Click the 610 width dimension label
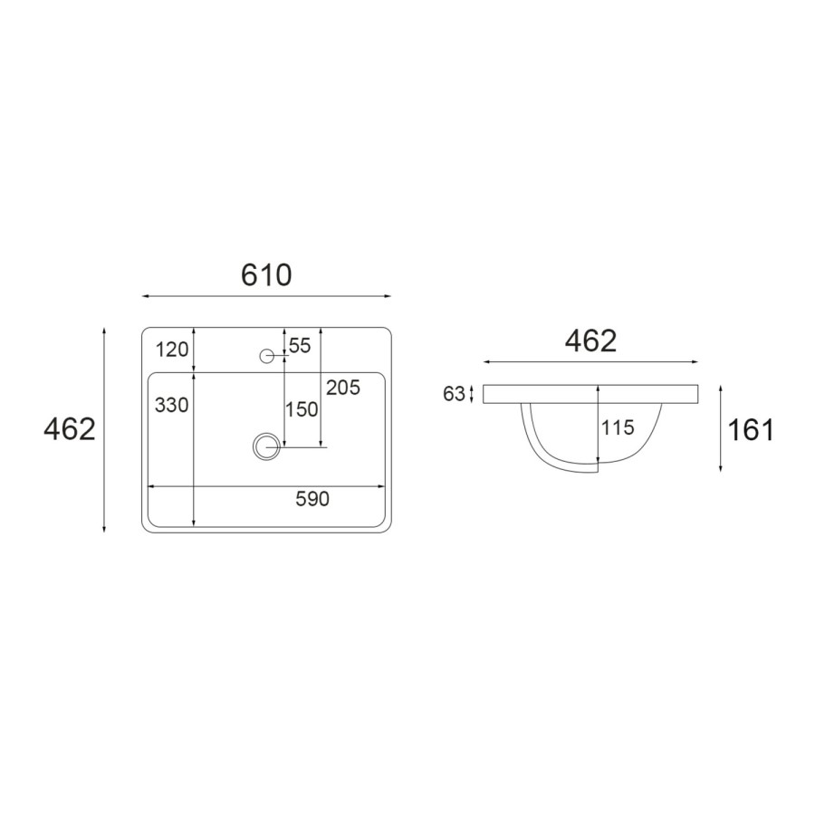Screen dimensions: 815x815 click(266, 275)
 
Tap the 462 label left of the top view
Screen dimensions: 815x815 click(70, 429)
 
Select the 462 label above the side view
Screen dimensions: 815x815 click(590, 341)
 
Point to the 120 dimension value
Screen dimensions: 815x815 click(172, 350)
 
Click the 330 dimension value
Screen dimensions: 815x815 click(171, 405)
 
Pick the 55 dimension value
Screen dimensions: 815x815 click(300, 346)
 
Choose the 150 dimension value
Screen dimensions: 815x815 click(302, 409)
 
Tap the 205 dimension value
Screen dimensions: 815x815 click(343, 388)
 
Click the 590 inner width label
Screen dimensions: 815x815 click(312, 499)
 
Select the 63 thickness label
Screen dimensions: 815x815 click(454, 394)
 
